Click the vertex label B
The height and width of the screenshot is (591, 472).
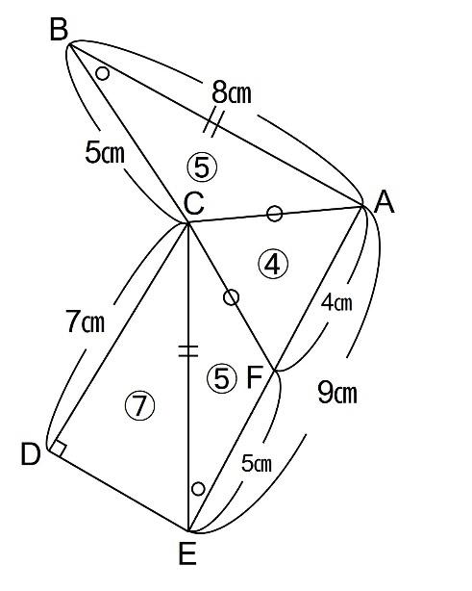pos(59,30)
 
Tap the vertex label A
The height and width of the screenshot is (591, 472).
pos(384,202)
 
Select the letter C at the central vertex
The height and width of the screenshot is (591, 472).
pos(194,203)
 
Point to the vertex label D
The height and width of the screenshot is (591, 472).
pos(31,454)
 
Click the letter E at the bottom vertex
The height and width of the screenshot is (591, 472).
pos(187,554)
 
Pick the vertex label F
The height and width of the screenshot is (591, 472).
pos(255,377)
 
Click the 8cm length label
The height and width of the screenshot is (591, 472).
pos(231,93)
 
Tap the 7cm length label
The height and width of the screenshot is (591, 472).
pos(85,321)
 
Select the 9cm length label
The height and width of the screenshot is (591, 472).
pos(337,393)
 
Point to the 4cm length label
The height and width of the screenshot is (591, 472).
pos(336,302)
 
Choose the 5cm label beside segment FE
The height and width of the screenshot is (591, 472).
pos(257,463)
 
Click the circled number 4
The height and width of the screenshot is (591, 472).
pos(273,264)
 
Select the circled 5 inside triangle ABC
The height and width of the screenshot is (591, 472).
pos(202,167)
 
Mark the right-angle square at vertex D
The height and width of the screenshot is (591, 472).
pos(59,449)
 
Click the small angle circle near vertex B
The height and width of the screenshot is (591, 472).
pos(103,73)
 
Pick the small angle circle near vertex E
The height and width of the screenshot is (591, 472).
pos(198,489)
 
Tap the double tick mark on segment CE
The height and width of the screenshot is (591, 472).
pos(187,350)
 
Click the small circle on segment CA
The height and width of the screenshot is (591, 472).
pos(275,214)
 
